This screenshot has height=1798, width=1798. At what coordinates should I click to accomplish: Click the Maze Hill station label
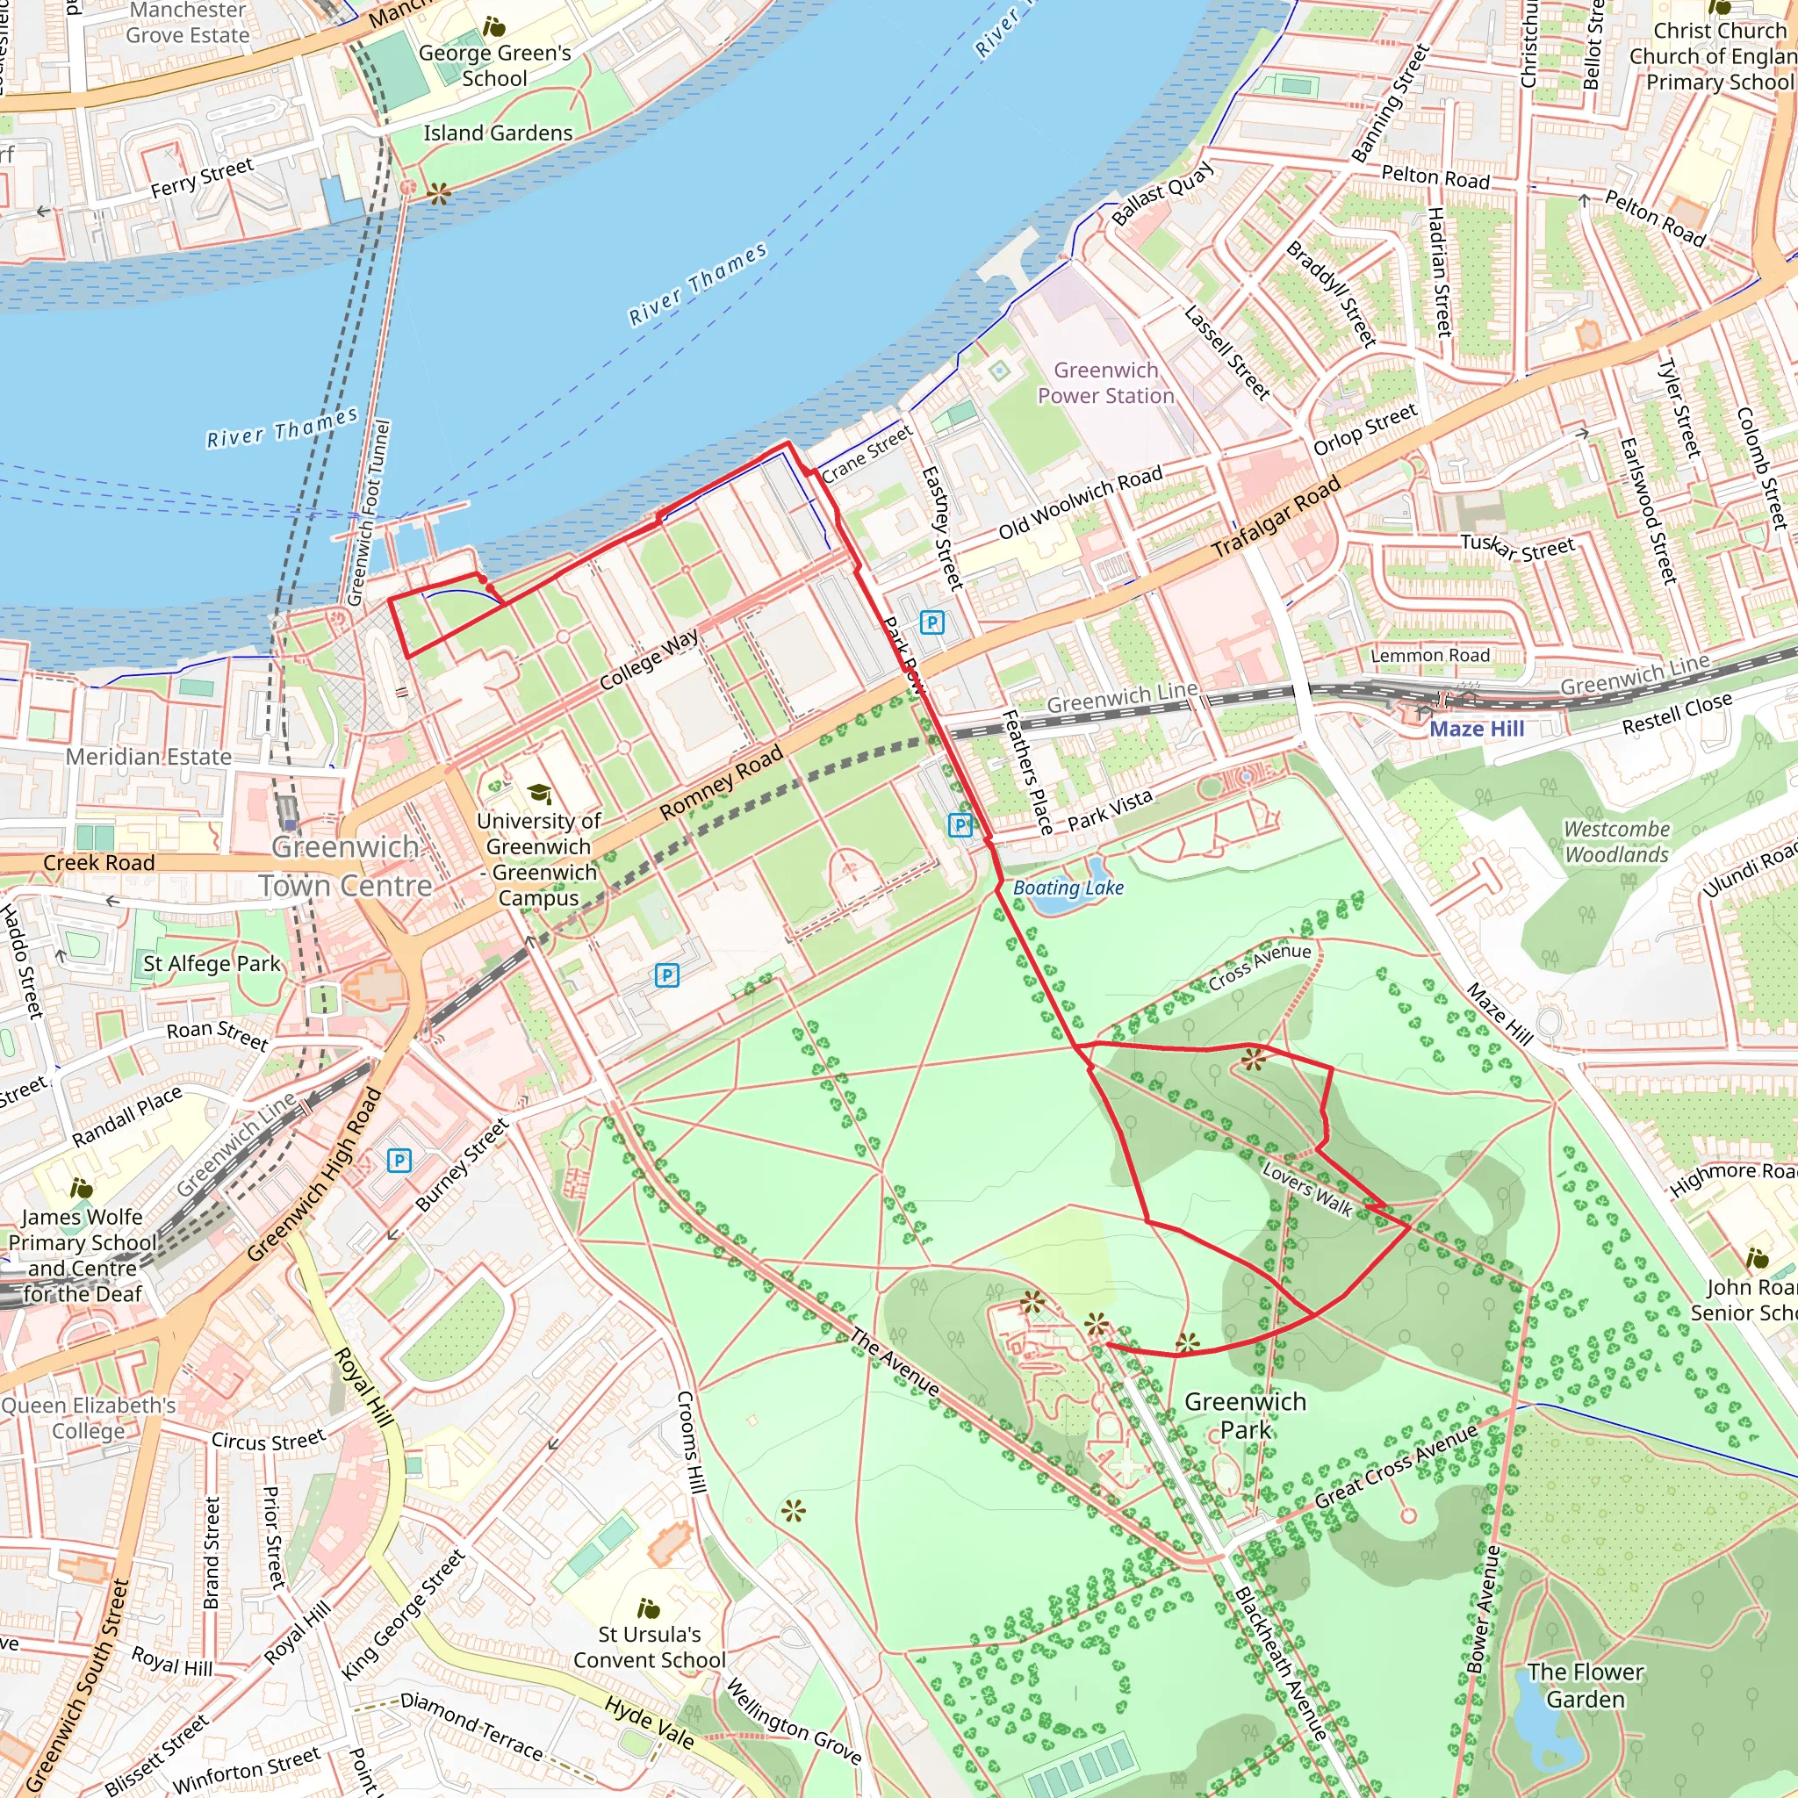coord(1476,729)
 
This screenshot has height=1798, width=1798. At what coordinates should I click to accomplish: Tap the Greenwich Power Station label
coord(1105,384)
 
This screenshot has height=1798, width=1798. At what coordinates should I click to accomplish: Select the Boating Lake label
coord(1068,888)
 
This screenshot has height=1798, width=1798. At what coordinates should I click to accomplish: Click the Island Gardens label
coord(498,133)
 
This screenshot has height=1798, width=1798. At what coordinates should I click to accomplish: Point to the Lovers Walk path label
coord(1306,1190)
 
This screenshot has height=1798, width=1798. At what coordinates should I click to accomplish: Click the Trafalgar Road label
coord(1276,517)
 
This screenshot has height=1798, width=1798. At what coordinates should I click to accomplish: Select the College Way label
coord(649,660)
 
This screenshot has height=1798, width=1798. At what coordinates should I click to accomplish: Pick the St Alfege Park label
coord(212,964)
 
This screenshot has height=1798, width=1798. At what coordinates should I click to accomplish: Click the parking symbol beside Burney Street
coord(399,1161)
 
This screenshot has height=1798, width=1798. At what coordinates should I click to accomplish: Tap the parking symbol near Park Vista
coord(960,824)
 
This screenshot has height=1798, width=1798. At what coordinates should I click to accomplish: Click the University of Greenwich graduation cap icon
coord(539,794)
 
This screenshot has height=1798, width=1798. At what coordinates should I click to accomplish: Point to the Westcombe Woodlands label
coord(1616,841)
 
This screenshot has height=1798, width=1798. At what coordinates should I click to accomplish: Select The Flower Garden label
coord(1585,1686)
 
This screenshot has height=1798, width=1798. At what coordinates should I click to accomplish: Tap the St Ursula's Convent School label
coord(649,1647)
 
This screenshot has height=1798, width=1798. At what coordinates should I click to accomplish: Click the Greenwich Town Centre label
coord(345,867)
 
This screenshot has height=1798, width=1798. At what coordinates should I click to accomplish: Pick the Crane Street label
coord(867,453)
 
